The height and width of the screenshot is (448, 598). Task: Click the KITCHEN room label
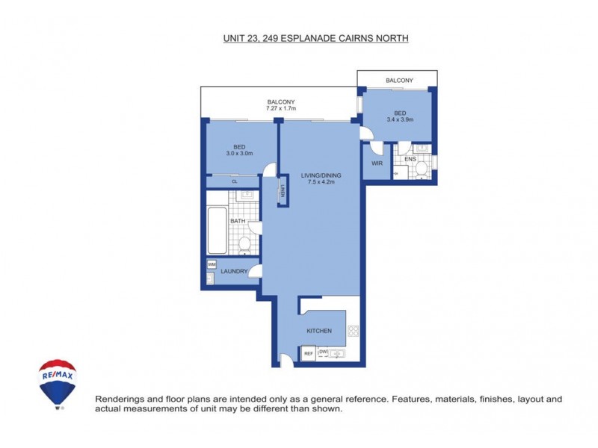coord(319,331)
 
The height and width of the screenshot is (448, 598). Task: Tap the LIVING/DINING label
coord(318,175)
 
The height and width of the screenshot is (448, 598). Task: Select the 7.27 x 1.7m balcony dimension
coord(280,109)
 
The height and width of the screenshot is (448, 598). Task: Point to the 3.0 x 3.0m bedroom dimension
coord(239,154)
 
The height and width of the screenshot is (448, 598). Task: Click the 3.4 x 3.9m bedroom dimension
coord(400,119)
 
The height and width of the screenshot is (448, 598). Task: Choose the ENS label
coord(410,159)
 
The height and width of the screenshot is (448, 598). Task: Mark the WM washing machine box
coord(212,264)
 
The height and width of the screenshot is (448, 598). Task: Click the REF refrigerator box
coord(308,354)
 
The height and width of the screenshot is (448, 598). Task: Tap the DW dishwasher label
coord(324,351)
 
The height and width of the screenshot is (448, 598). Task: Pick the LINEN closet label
coord(283,191)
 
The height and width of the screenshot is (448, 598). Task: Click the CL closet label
coord(234,181)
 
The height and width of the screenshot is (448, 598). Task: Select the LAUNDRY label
coord(234,271)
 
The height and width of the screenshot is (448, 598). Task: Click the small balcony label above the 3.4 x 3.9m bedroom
coord(399,80)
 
